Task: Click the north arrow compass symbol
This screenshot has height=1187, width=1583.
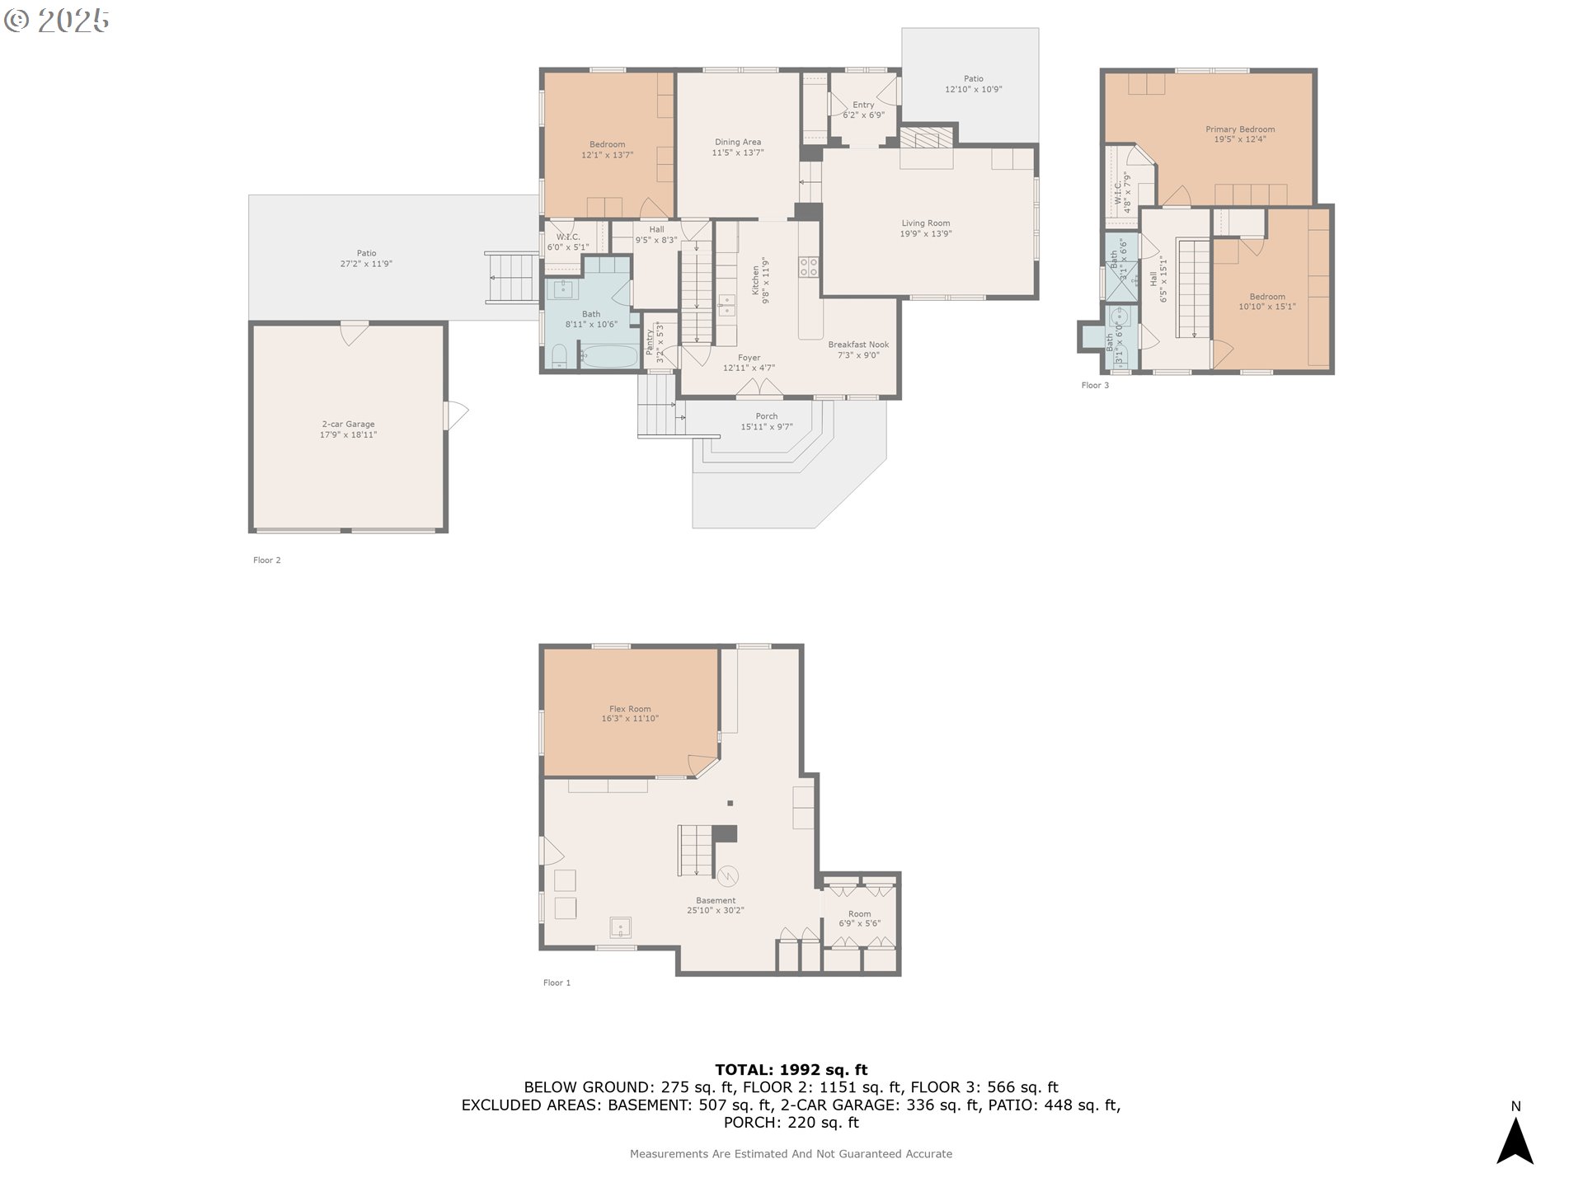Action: click(x=1515, y=1141)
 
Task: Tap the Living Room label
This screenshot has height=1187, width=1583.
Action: click(x=925, y=228)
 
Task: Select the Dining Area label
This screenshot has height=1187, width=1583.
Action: click(x=738, y=147)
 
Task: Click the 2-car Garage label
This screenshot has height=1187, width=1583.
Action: click(x=348, y=429)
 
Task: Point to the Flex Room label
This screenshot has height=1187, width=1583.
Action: click(x=630, y=714)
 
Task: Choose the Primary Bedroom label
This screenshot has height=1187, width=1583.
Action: click(x=1239, y=134)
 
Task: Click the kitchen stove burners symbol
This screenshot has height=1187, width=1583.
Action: click(x=809, y=265)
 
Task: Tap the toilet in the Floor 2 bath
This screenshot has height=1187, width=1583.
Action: click(x=560, y=356)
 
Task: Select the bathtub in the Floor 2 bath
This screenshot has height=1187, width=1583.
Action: click(x=609, y=356)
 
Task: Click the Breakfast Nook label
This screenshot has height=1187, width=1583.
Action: click(x=858, y=350)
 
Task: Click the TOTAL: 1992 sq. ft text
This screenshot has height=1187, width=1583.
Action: click(x=791, y=1070)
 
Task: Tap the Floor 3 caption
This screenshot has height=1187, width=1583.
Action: click(x=1095, y=385)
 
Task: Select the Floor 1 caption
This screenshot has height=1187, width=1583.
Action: click(x=557, y=983)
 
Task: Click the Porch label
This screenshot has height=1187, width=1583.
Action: click(x=766, y=421)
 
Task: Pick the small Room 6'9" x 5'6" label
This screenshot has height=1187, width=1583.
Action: click(x=859, y=918)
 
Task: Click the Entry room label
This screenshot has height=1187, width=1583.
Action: click(x=863, y=110)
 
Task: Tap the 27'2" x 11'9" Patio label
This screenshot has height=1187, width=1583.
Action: click(x=366, y=259)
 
